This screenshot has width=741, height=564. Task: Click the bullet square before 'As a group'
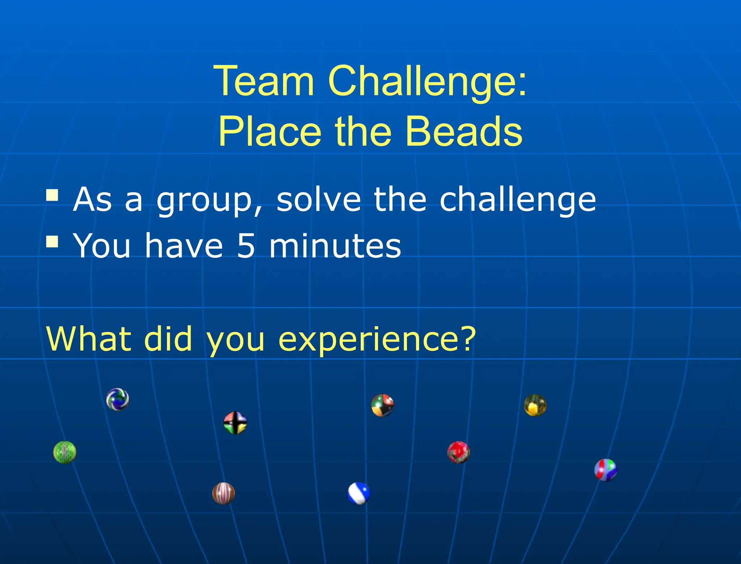tap(52, 195)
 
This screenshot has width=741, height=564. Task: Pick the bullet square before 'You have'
tap(52, 241)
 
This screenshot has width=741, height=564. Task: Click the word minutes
tap(335, 246)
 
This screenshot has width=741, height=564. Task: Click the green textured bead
tap(65, 452)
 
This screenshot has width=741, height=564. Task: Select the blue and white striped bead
tap(359, 493)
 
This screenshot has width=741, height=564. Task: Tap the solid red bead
tap(458, 452)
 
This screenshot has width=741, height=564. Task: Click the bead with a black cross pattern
tap(235, 423)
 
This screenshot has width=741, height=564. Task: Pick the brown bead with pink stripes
tap(223, 493)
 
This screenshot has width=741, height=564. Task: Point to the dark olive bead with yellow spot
tap(535, 405)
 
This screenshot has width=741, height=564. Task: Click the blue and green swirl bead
tap(118, 399)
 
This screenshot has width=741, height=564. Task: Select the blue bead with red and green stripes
tap(606, 470)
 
